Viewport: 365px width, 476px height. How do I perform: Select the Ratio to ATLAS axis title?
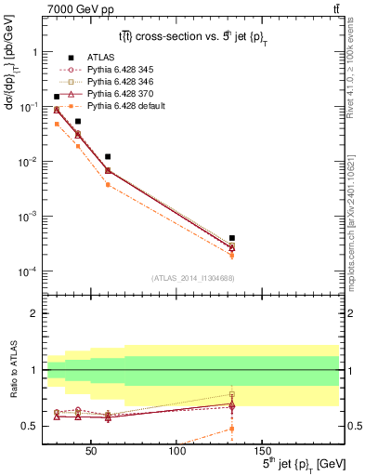11,370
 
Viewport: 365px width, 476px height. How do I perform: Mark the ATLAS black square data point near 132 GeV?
231,238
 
